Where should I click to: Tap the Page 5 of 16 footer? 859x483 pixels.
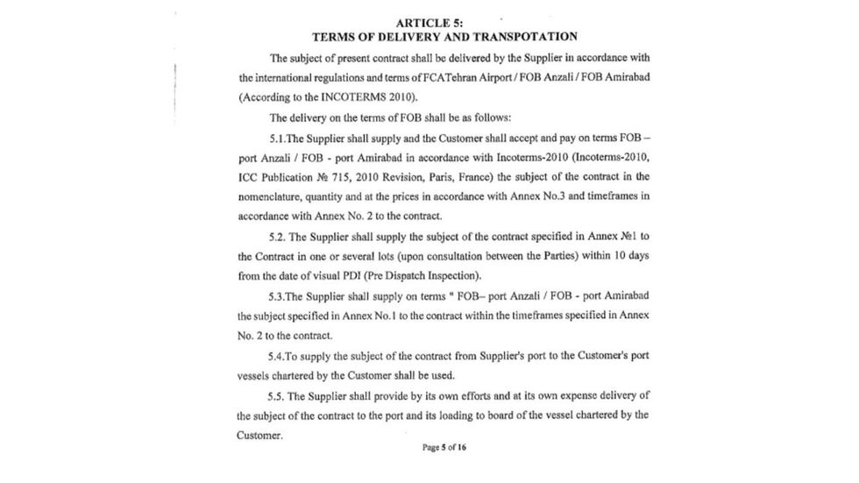point(444,447)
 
